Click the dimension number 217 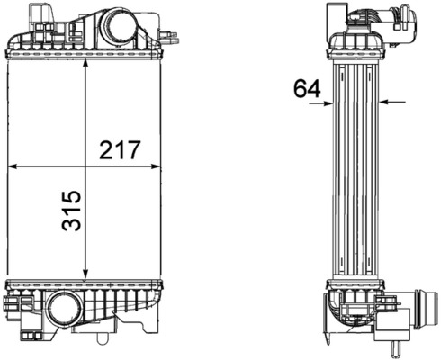120,149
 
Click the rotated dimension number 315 71,211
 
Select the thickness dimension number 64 307,88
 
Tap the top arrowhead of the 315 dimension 85,62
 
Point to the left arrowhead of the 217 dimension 12,166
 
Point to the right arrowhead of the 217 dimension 156,166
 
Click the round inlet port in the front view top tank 119,30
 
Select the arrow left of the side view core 321,103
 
